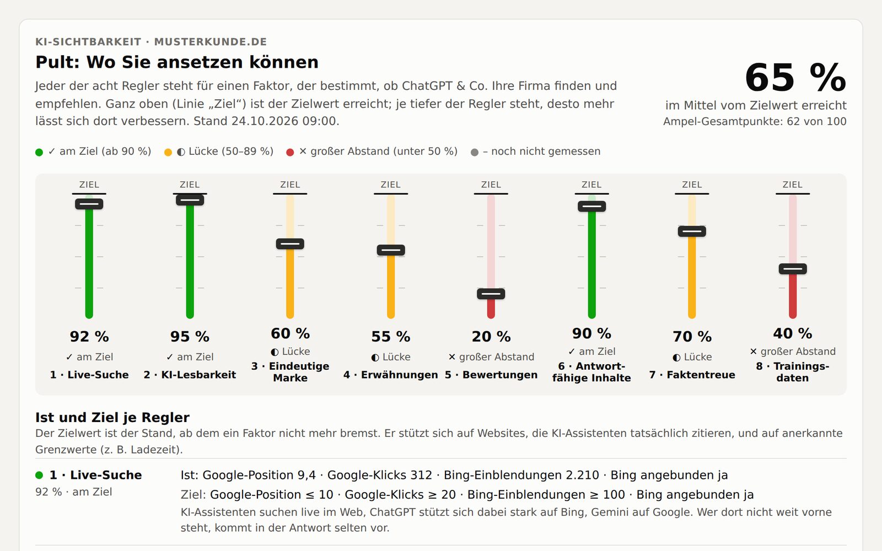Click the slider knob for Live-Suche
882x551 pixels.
(89, 204)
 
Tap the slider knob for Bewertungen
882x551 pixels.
(491, 294)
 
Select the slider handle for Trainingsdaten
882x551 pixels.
(793, 269)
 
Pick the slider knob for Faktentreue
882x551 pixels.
(692, 231)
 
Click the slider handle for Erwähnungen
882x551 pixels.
(391, 250)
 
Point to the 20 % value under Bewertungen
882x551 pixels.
(491, 337)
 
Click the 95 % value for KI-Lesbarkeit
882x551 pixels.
(190, 337)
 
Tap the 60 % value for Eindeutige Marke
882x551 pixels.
(290, 333)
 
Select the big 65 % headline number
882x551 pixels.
(795, 78)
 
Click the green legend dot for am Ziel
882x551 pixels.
(39, 152)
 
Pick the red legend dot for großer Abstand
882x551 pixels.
(290, 152)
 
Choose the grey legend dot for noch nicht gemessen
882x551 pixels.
(475, 152)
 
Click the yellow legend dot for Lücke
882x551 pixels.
(168, 152)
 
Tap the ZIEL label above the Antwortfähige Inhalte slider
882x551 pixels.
(591, 185)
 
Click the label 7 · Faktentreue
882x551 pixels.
(692, 375)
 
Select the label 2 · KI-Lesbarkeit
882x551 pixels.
(190, 375)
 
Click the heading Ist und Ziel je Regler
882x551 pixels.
(112, 417)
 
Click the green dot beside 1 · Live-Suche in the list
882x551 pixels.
(39, 476)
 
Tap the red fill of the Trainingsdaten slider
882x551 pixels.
(793, 296)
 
